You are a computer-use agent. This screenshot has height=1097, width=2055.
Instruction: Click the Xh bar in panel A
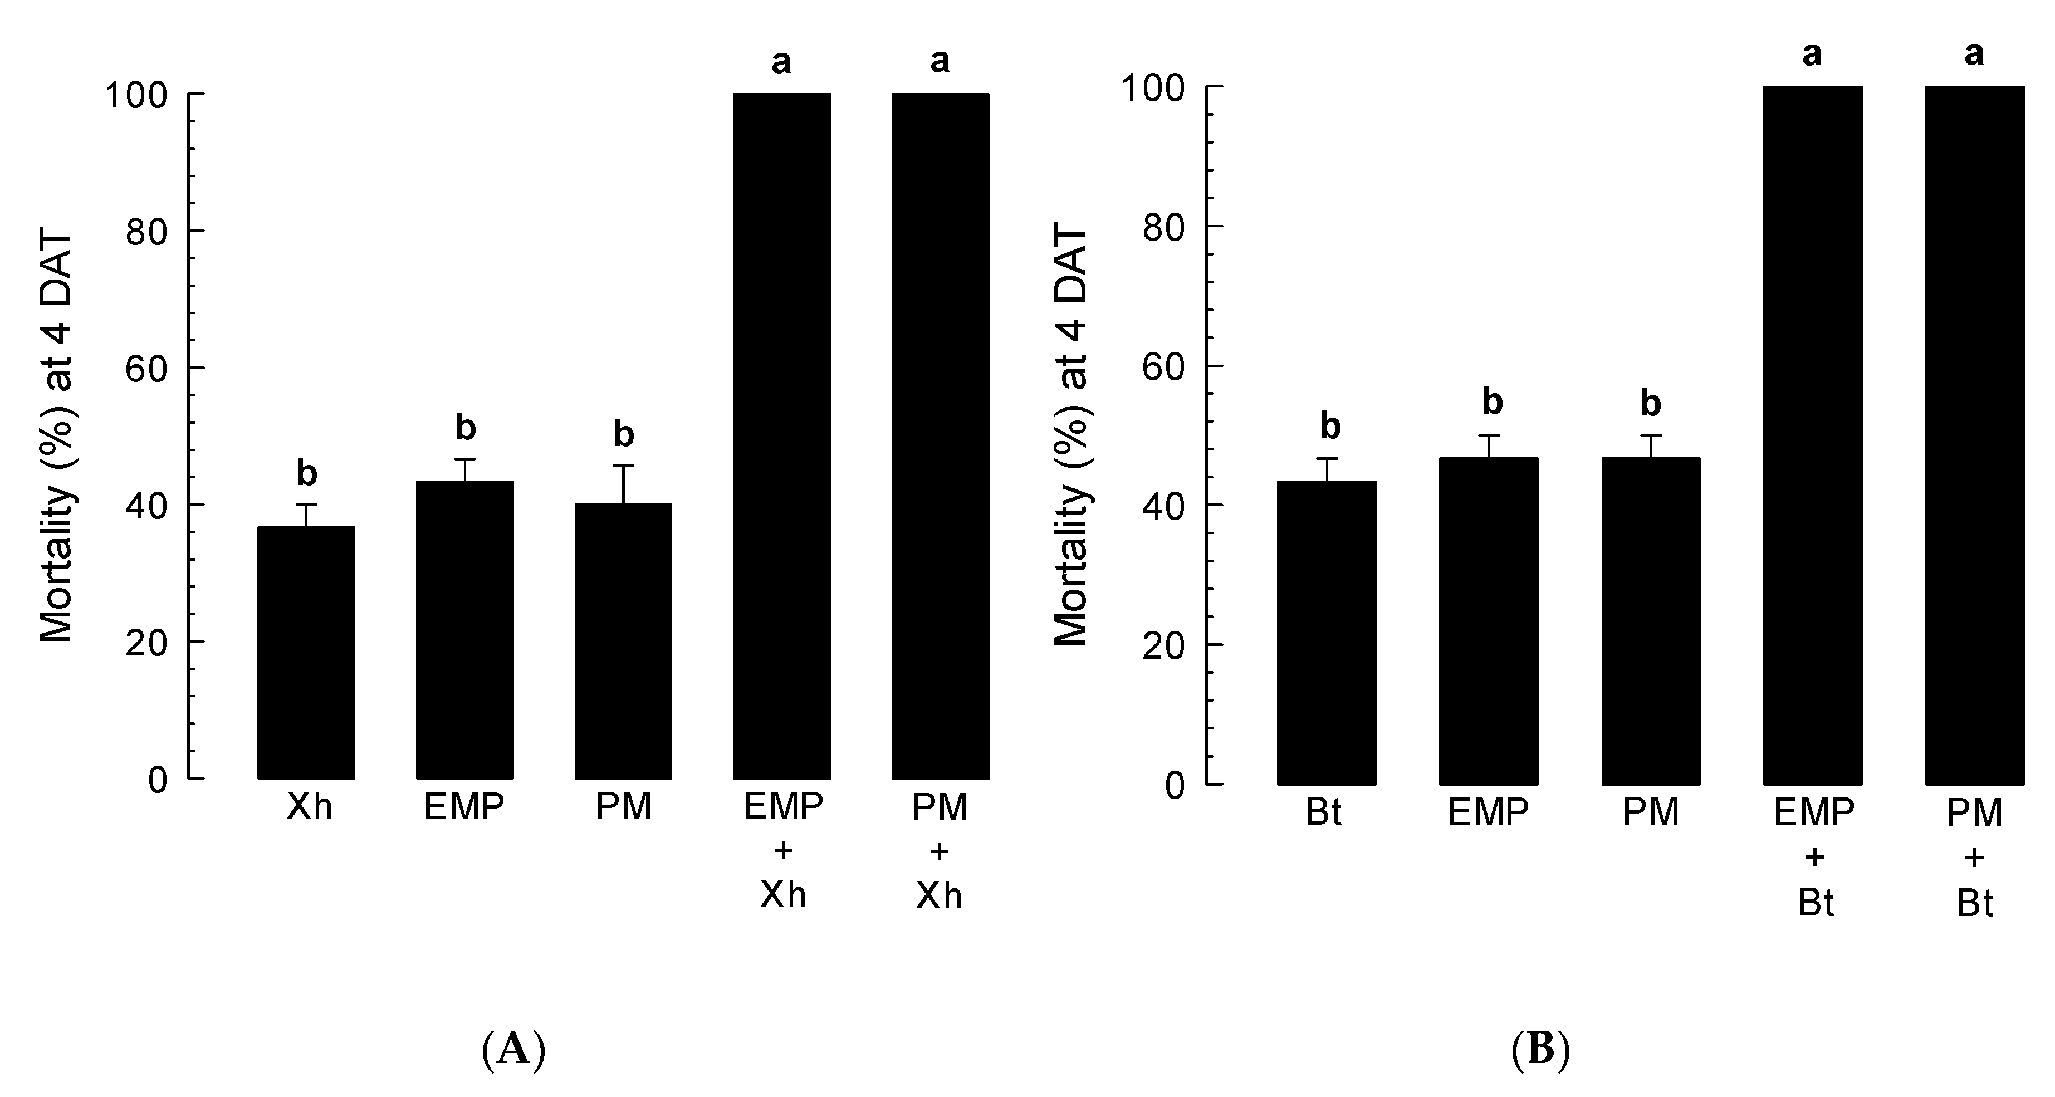tap(306, 653)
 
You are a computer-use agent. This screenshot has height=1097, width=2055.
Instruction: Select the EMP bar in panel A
tap(464, 630)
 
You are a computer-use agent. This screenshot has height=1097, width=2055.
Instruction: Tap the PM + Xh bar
tap(941, 437)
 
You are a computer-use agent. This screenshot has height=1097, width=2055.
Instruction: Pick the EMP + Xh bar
tap(782, 437)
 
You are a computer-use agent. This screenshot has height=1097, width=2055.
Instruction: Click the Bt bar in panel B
tap(1327, 633)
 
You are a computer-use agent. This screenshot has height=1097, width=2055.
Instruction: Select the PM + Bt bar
tap(1975, 435)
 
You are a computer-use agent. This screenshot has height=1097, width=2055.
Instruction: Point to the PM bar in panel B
tap(1651, 621)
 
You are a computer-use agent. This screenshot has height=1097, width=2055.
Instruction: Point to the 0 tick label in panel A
tap(158, 780)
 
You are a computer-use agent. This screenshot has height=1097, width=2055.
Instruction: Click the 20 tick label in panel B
tap(1163, 645)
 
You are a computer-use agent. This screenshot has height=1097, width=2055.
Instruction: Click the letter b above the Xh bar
tap(306, 473)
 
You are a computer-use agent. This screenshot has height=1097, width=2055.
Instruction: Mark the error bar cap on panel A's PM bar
tap(623, 465)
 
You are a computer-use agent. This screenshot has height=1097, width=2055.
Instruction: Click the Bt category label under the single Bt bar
tap(1323, 813)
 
